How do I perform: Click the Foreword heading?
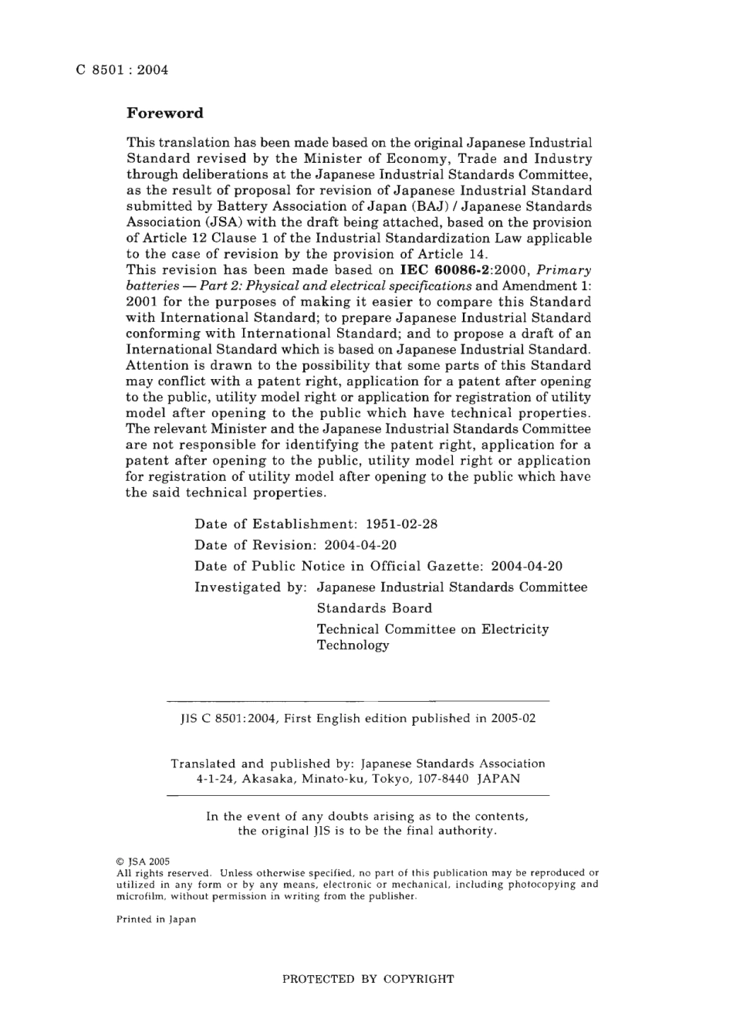[165, 113]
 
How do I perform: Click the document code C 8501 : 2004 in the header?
[122, 70]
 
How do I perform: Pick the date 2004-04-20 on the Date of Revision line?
[360, 545]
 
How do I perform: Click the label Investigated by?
[252, 587]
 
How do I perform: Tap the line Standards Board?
[374, 608]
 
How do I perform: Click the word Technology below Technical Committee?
[353, 645]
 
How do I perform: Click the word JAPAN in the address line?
[498, 779]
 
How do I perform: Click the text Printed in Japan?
[156, 919]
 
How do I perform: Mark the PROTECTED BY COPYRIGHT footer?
[368, 980]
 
